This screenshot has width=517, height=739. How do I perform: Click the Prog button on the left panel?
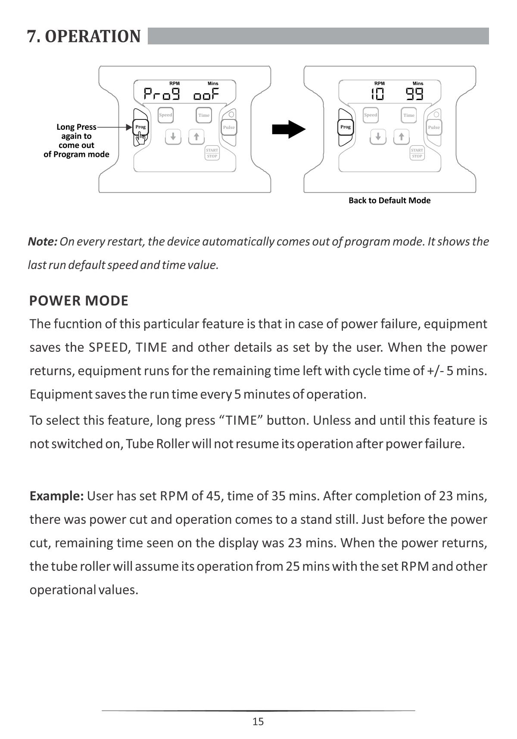click(140, 127)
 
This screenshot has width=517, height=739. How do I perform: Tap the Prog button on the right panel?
click(346, 127)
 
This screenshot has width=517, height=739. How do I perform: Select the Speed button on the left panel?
click(165, 115)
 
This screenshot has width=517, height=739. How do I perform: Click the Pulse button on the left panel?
click(229, 127)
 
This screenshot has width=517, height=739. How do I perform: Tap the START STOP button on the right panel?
click(417, 153)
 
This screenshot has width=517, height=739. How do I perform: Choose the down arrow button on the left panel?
click(173, 137)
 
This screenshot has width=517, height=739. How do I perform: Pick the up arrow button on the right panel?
click(401, 137)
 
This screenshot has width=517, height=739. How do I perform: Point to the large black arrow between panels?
click(289, 129)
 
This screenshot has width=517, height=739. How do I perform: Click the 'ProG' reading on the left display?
click(162, 94)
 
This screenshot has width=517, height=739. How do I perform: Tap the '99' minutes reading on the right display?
click(414, 94)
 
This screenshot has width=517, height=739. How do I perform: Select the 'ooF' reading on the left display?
click(206, 94)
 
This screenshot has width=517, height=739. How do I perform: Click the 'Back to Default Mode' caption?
click(389, 200)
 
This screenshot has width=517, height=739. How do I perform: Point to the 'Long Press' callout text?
click(76, 127)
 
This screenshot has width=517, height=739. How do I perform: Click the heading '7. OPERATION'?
click(84, 37)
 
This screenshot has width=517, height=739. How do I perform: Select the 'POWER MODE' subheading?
click(79, 301)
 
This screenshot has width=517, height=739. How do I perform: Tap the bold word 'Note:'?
click(42, 241)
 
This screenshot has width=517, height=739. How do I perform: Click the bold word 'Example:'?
click(56, 496)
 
